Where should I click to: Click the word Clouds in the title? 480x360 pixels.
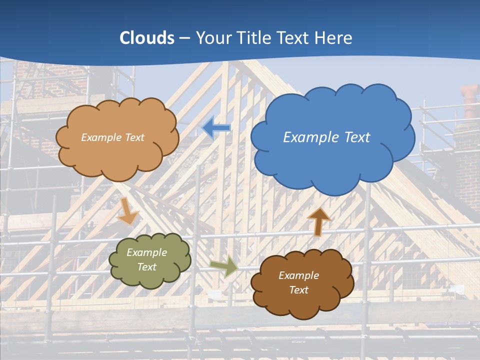coord(147,38)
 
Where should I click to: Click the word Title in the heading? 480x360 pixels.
coord(254,38)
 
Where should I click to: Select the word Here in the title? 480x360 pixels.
coord(334,38)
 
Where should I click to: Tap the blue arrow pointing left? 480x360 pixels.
coord(216,128)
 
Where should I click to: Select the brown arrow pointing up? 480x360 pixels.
coord(318,221)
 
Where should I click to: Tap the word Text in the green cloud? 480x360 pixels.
coord(147,267)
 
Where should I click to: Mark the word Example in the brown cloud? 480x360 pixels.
coord(298,275)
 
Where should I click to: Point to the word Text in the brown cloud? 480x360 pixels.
coord(298,290)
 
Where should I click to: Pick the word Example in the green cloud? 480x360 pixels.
coord(147,252)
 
